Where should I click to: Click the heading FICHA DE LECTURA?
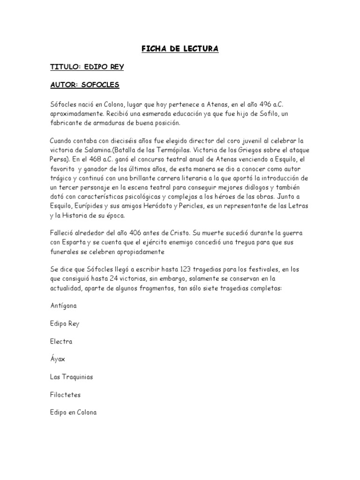(x=180, y=49)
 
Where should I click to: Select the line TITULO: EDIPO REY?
(x=87, y=67)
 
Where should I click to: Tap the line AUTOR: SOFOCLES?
(x=85, y=85)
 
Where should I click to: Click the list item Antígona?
(x=63, y=305)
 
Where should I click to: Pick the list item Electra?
(x=61, y=341)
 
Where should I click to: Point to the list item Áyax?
(x=58, y=359)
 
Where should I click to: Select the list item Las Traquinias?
(x=72, y=376)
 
